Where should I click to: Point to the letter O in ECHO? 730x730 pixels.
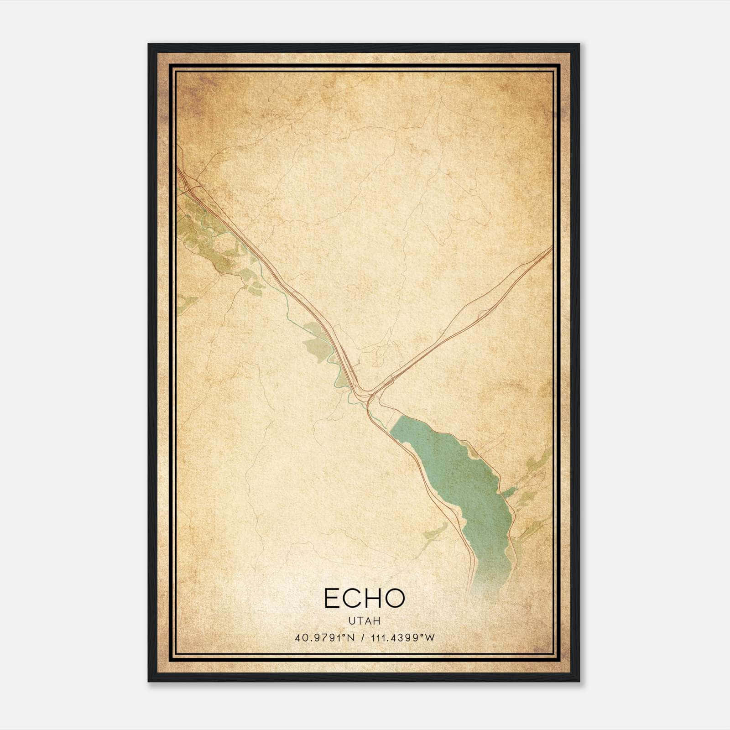(x=395, y=598)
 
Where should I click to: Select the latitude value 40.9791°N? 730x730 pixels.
(x=323, y=638)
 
